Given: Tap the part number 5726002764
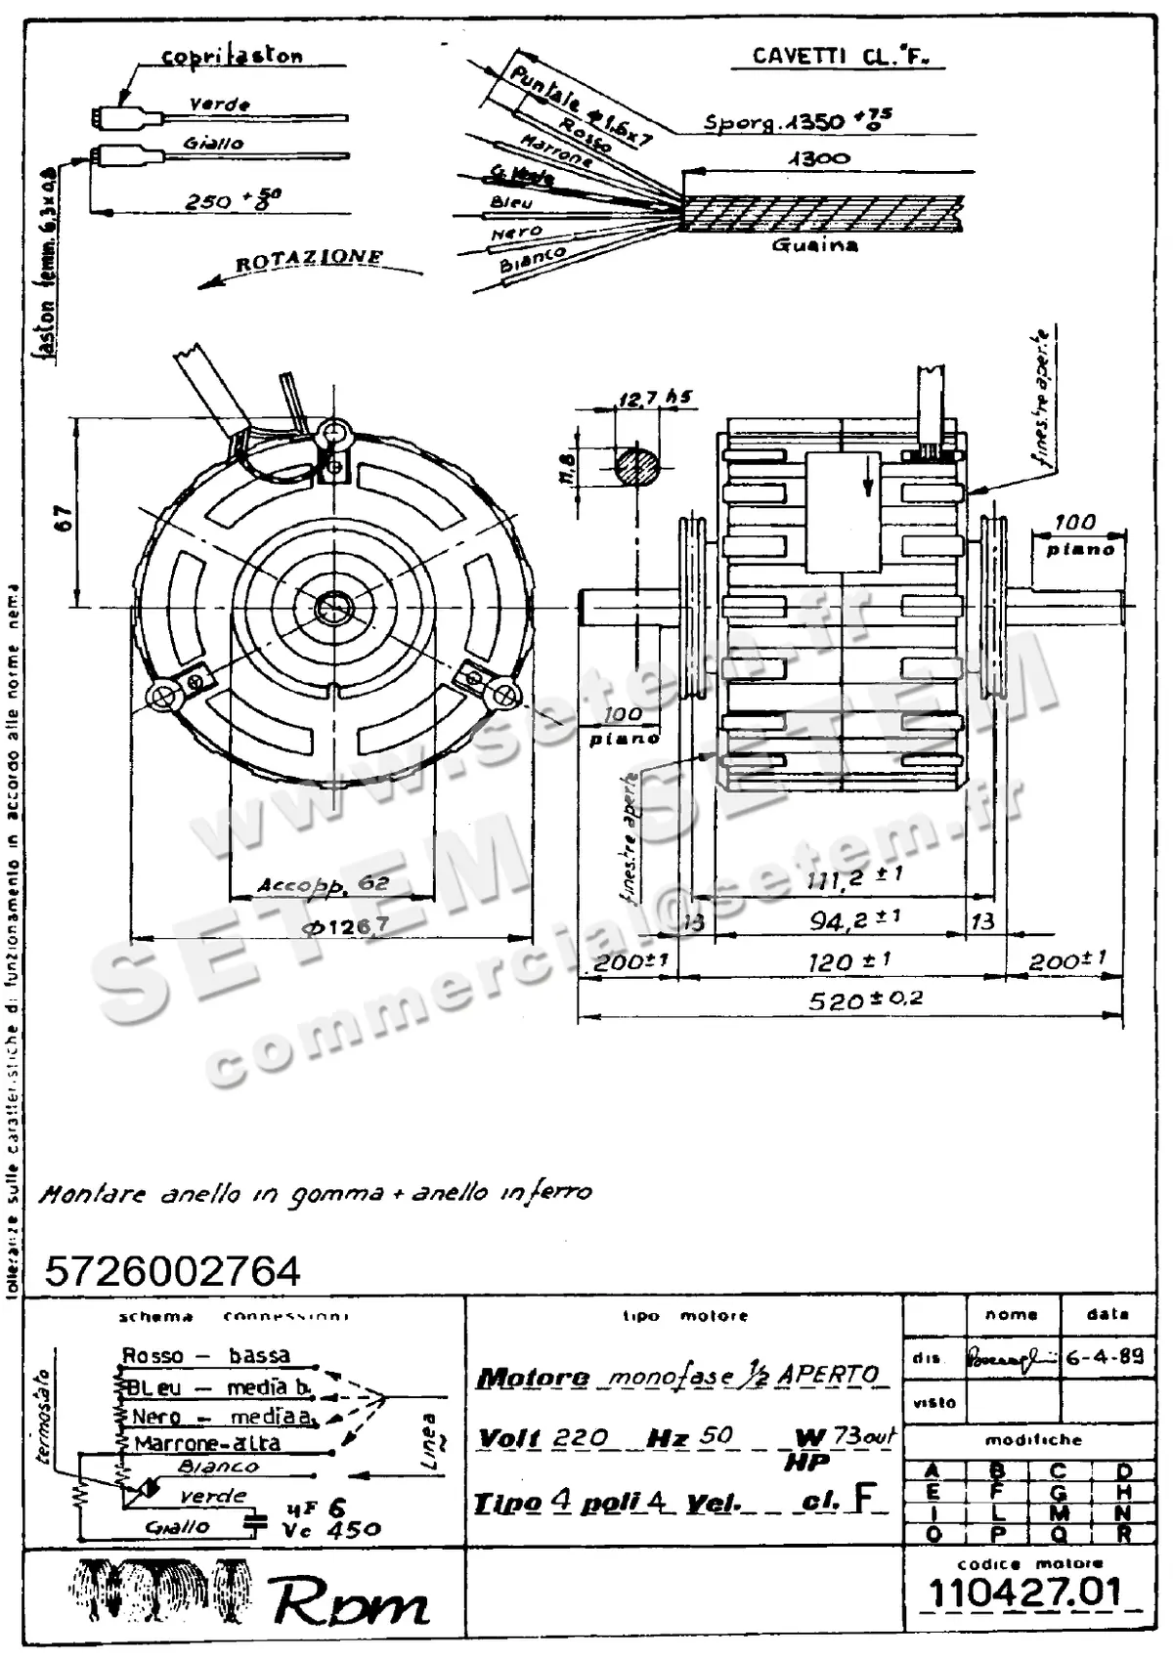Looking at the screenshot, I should (x=172, y=1271).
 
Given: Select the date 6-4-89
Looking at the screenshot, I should (x=1105, y=1356).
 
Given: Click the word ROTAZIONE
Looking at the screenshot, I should (x=309, y=260).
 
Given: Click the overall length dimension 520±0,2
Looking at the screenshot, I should (x=851, y=999).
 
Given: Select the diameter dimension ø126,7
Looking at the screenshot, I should (x=345, y=925).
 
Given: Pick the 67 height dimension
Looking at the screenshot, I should (x=64, y=517).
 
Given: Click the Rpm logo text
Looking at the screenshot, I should (x=351, y=1602).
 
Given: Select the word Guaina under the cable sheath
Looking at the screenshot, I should (x=814, y=244).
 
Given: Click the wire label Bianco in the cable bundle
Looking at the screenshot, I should (x=533, y=260).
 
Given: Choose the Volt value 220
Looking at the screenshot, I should (x=581, y=1437).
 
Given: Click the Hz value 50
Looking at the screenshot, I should (x=717, y=1436).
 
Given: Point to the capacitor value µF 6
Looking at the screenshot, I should (x=316, y=1509).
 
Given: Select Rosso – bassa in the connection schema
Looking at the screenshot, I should (x=205, y=1355).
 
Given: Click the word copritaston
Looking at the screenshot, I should (x=232, y=57).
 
